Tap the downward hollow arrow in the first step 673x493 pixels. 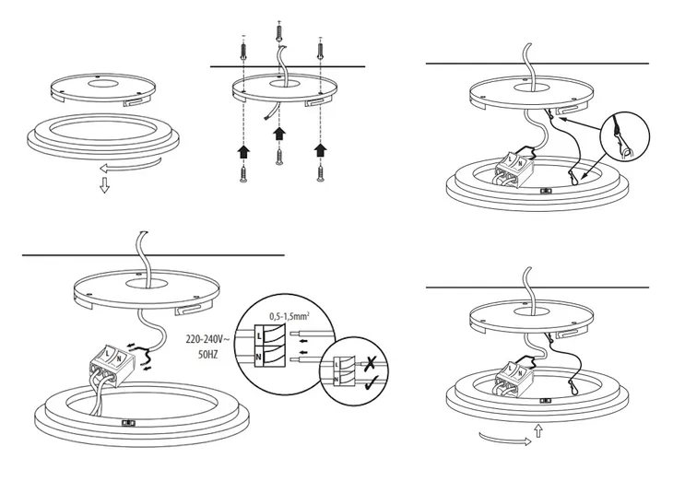[104, 186]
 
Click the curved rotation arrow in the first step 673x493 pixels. [129, 166]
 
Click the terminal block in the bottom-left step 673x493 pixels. [115, 360]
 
